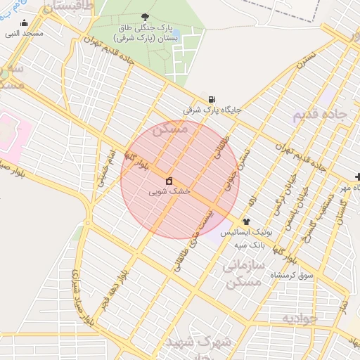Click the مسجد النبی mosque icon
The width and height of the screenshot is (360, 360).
(24, 22)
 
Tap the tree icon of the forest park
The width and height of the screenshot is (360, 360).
(146, 17)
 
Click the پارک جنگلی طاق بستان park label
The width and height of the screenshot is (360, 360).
(150, 32)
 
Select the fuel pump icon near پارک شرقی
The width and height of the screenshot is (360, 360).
(212, 99)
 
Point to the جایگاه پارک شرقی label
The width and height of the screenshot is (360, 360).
(212, 110)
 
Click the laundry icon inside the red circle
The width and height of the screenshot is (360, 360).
(169, 181)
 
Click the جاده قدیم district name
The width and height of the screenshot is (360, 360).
(321, 115)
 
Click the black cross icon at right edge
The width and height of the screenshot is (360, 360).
(357, 176)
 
